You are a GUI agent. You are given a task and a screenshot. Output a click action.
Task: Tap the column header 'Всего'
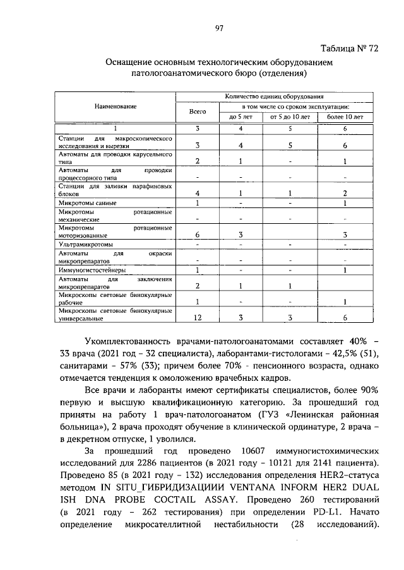coord(198,111)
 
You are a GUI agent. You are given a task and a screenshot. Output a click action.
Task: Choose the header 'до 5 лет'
coord(241,117)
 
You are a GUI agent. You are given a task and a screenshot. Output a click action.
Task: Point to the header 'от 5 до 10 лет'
coord(290,117)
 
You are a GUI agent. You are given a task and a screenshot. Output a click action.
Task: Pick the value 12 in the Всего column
coord(198,317)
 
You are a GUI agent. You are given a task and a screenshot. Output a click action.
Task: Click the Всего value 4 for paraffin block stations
coord(198,193)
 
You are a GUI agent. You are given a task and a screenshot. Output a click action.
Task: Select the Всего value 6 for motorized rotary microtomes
coord(198,235)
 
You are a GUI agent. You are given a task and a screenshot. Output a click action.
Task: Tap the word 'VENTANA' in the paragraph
coord(243,487)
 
